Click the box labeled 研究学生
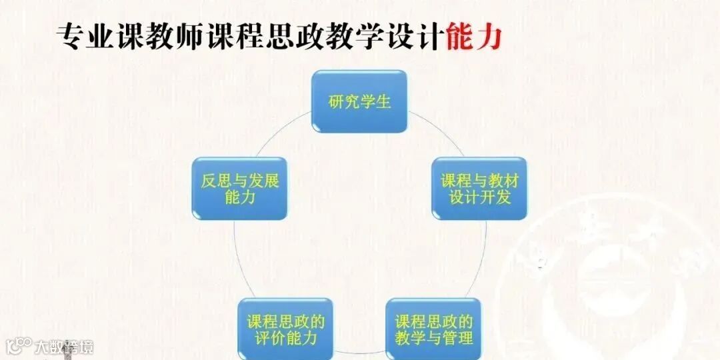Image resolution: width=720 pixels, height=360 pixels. (x=359, y=101)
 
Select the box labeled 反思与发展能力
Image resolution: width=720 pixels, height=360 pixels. (x=239, y=189)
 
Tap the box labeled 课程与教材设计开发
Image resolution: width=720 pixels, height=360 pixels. (x=479, y=189)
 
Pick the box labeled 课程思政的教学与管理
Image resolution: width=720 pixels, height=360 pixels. (x=433, y=329)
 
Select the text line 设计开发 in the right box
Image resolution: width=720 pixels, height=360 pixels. (x=479, y=197)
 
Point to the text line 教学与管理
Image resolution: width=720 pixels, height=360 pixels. (x=433, y=337)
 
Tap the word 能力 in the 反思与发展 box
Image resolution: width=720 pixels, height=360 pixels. (x=239, y=197)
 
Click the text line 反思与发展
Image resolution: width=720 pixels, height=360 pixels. (x=239, y=181)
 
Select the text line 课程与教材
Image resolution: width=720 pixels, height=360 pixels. (x=479, y=181)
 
